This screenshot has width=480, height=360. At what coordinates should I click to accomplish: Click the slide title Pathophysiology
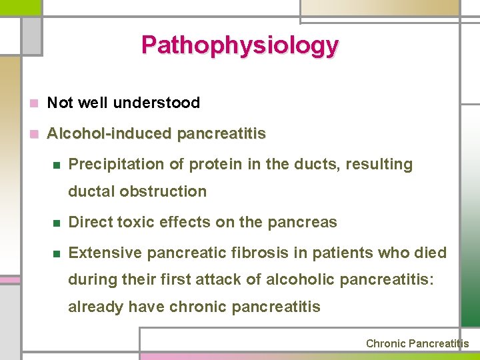pos(239,45)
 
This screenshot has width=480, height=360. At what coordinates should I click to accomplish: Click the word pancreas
pos(305,222)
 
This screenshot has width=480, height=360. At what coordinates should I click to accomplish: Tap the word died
pos(431,253)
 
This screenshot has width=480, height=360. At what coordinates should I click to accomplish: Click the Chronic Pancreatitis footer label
pos(417,344)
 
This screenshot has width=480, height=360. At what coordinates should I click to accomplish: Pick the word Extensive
pos(105,253)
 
